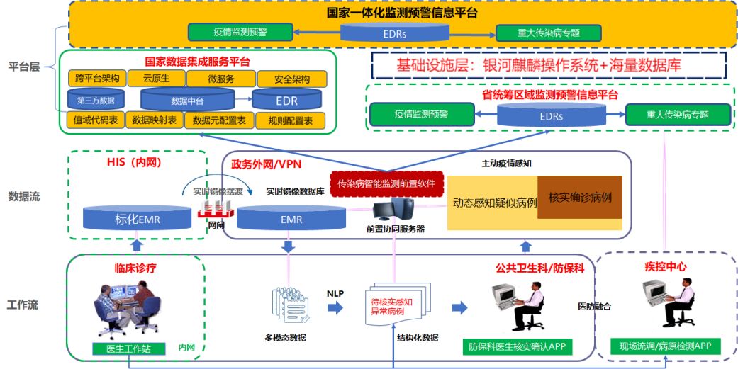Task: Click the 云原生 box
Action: pyautogui.click(x=155, y=77)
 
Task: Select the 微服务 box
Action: pyautogui.click(x=220, y=78)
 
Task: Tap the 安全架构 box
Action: pyautogui.click(x=291, y=78)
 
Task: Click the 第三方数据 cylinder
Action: pyautogui.click(x=96, y=99)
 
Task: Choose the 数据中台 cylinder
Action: pyautogui.click(x=187, y=99)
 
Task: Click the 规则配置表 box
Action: pyautogui.click(x=290, y=120)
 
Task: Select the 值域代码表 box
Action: pyautogui.click(x=96, y=120)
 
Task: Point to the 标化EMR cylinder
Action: pyautogui.click(x=138, y=218)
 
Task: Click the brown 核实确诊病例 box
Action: pyautogui.click(x=580, y=196)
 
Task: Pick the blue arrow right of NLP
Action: pyautogui.click(x=335, y=307)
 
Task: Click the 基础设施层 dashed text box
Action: pyautogui.click(x=549, y=66)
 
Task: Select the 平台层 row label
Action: pyautogui.click(x=23, y=67)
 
